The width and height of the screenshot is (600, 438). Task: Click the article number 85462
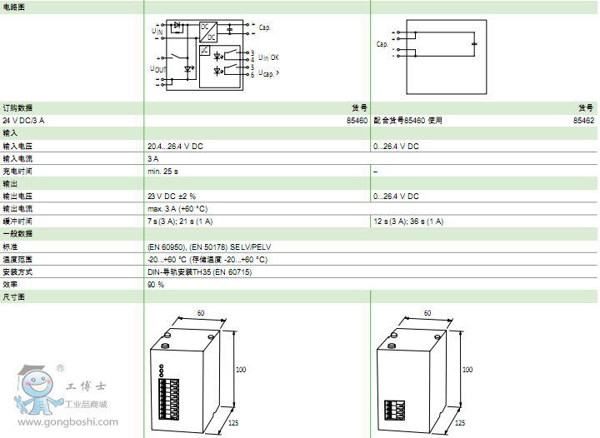click(x=583, y=121)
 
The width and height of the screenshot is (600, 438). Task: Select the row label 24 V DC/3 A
click(x=24, y=121)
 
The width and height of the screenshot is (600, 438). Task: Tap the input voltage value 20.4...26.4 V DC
click(x=175, y=146)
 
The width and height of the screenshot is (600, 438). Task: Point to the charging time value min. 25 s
click(x=163, y=171)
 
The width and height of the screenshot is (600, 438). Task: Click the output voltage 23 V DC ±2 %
click(x=172, y=196)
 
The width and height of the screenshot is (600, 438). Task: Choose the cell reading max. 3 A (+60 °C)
click(x=177, y=208)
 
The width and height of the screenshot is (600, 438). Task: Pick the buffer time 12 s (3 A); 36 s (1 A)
click(x=408, y=221)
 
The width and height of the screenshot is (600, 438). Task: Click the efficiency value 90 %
click(x=156, y=284)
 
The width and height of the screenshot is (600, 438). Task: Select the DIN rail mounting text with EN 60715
click(x=199, y=271)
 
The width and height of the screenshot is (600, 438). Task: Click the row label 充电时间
click(x=17, y=171)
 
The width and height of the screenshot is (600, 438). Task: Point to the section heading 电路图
click(x=13, y=7)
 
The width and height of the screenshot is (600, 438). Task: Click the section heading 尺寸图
click(x=13, y=296)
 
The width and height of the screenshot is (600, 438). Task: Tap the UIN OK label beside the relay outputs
click(x=269, y=57)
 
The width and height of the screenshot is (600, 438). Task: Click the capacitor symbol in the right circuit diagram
click(x=474, y=43)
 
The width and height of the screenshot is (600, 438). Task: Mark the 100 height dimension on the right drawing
click(x=467, y=369)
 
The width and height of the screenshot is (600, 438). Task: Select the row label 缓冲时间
click(x=17, y=221)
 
